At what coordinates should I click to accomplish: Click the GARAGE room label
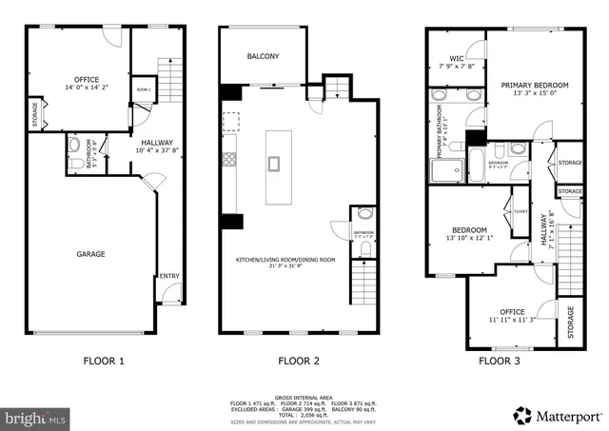coord(91,254)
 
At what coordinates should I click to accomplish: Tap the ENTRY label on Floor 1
coord(169,276)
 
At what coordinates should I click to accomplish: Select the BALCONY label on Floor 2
coord(263,57)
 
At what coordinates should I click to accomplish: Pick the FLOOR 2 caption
coord(298,361)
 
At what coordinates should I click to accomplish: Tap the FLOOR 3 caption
coord(501,361)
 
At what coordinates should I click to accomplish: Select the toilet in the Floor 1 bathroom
coord(74,164)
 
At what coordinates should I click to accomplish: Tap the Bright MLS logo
coord(35,417)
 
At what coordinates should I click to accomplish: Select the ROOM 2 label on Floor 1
coord(144,88)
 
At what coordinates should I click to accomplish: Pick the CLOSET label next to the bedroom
coord(521,211)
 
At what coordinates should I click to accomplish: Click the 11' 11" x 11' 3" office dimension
coord(513,319)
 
